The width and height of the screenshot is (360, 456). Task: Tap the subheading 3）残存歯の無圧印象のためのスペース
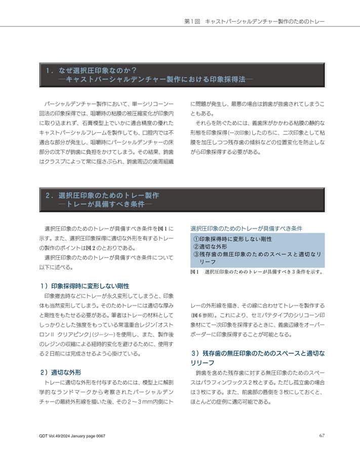tap(257, 353)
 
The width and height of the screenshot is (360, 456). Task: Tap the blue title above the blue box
tap(246, 229)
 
